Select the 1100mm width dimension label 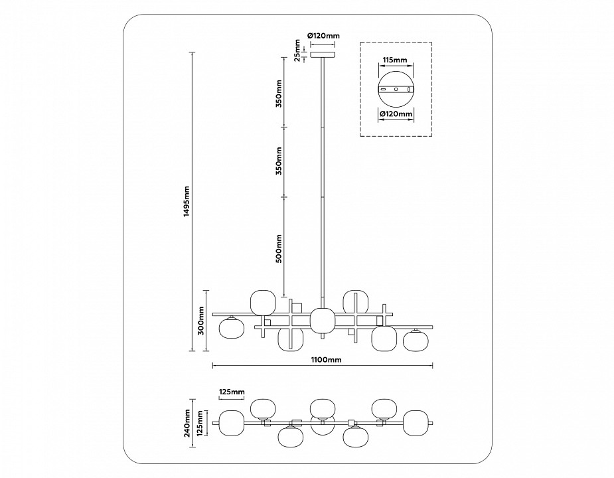click(x=327, y=360)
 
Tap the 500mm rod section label click(x=279, y=249)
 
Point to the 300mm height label click(x=201, y=320)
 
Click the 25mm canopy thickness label click(x=297, y=50)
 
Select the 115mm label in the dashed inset click(x=394, y=60)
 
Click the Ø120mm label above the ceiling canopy click(x=324, y=36)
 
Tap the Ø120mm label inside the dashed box click(x=396, y=114)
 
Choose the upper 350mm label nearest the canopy click(x=279, y=94)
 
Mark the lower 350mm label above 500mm click(x=279, y=161)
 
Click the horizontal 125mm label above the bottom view click(x=232, y=392)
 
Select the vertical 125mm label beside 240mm click(x=201, y=423)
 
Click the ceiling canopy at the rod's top click(x=323, y=54)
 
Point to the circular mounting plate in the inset click(x=396, y=90)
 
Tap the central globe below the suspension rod click(x=323, y=320)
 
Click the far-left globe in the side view click(x=232, y=328)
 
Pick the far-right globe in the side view click(x=415, y=340)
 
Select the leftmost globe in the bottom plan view click(x=232, y=423)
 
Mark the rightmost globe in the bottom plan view click(x=416, y=423)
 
